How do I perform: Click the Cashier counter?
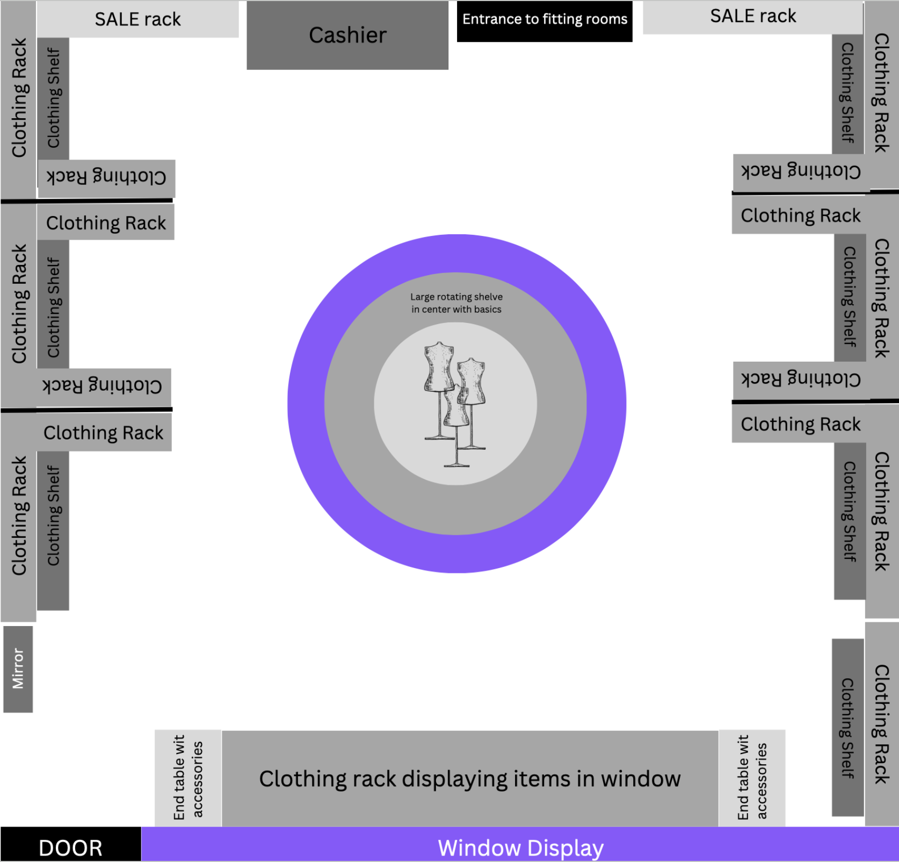click(x=347, y=35)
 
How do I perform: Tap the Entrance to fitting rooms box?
click(x=545, y=20)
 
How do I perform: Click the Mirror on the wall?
click(x=18, y=669)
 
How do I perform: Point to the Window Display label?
click(x=520, y=847)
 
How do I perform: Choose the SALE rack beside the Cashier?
click(x=137, y=19)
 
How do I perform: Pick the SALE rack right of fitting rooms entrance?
click(x=753, y=17)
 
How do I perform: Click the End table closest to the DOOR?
click(x=188, y=778)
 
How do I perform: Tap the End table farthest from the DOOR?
click(x=752, y=778)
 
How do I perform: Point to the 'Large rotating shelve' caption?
click(x=456, y=297)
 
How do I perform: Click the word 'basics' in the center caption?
click(x=488, y=310)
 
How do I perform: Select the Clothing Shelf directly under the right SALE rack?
click(x=847, y=94)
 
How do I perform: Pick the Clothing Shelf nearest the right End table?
click(x=847, y=727)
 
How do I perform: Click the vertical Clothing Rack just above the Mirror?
click(x=19, y=516)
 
